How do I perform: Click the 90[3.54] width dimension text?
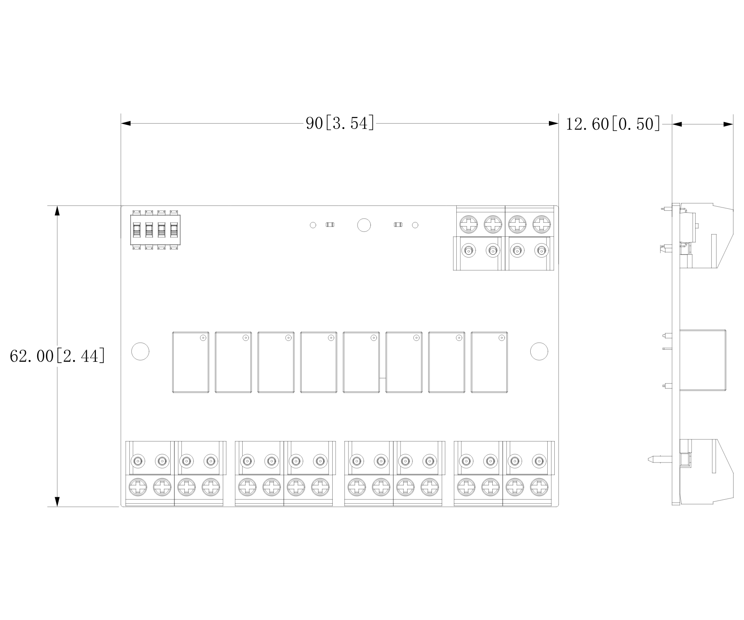pos(340,123)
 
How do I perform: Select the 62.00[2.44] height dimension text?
pos(57,356)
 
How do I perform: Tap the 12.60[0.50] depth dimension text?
pos(613,124)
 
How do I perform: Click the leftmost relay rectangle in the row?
pos(191,362)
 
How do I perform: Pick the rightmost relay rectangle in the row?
pos(489,362)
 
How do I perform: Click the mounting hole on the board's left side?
pos(140,351)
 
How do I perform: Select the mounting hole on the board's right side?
pos(539,351)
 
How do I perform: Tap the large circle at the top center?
pos(364,225)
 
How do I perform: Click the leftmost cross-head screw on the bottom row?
pos(138,487)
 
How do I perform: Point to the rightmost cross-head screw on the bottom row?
pos(539,487)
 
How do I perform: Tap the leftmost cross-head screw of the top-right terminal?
pos(469,224)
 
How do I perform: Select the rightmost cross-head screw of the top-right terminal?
pos(541,224)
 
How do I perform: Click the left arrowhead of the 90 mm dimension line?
pos(126,123)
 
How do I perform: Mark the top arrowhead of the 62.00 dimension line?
pos(57,211)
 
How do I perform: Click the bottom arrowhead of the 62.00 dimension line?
pos(57,501)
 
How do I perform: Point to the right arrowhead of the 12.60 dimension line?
pos(728,124)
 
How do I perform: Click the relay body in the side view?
pos(703,360)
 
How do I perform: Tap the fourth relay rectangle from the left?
pos(319,362)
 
